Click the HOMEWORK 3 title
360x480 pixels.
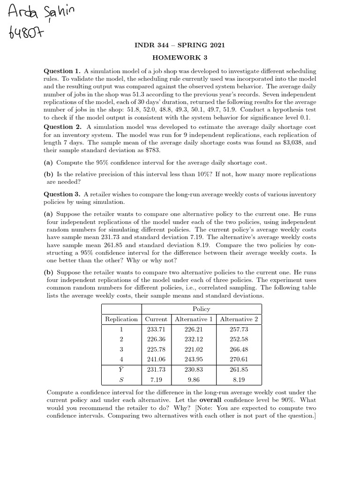tap(180, 57)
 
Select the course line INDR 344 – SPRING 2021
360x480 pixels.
tap(180, 45)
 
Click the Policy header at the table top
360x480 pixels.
tap(202, 309)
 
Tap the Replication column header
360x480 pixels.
tap(121, 319)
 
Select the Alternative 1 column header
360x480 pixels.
tap(194, 319)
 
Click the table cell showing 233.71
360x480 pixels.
tap(156, 330)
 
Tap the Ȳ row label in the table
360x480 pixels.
tap(121, 369)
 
